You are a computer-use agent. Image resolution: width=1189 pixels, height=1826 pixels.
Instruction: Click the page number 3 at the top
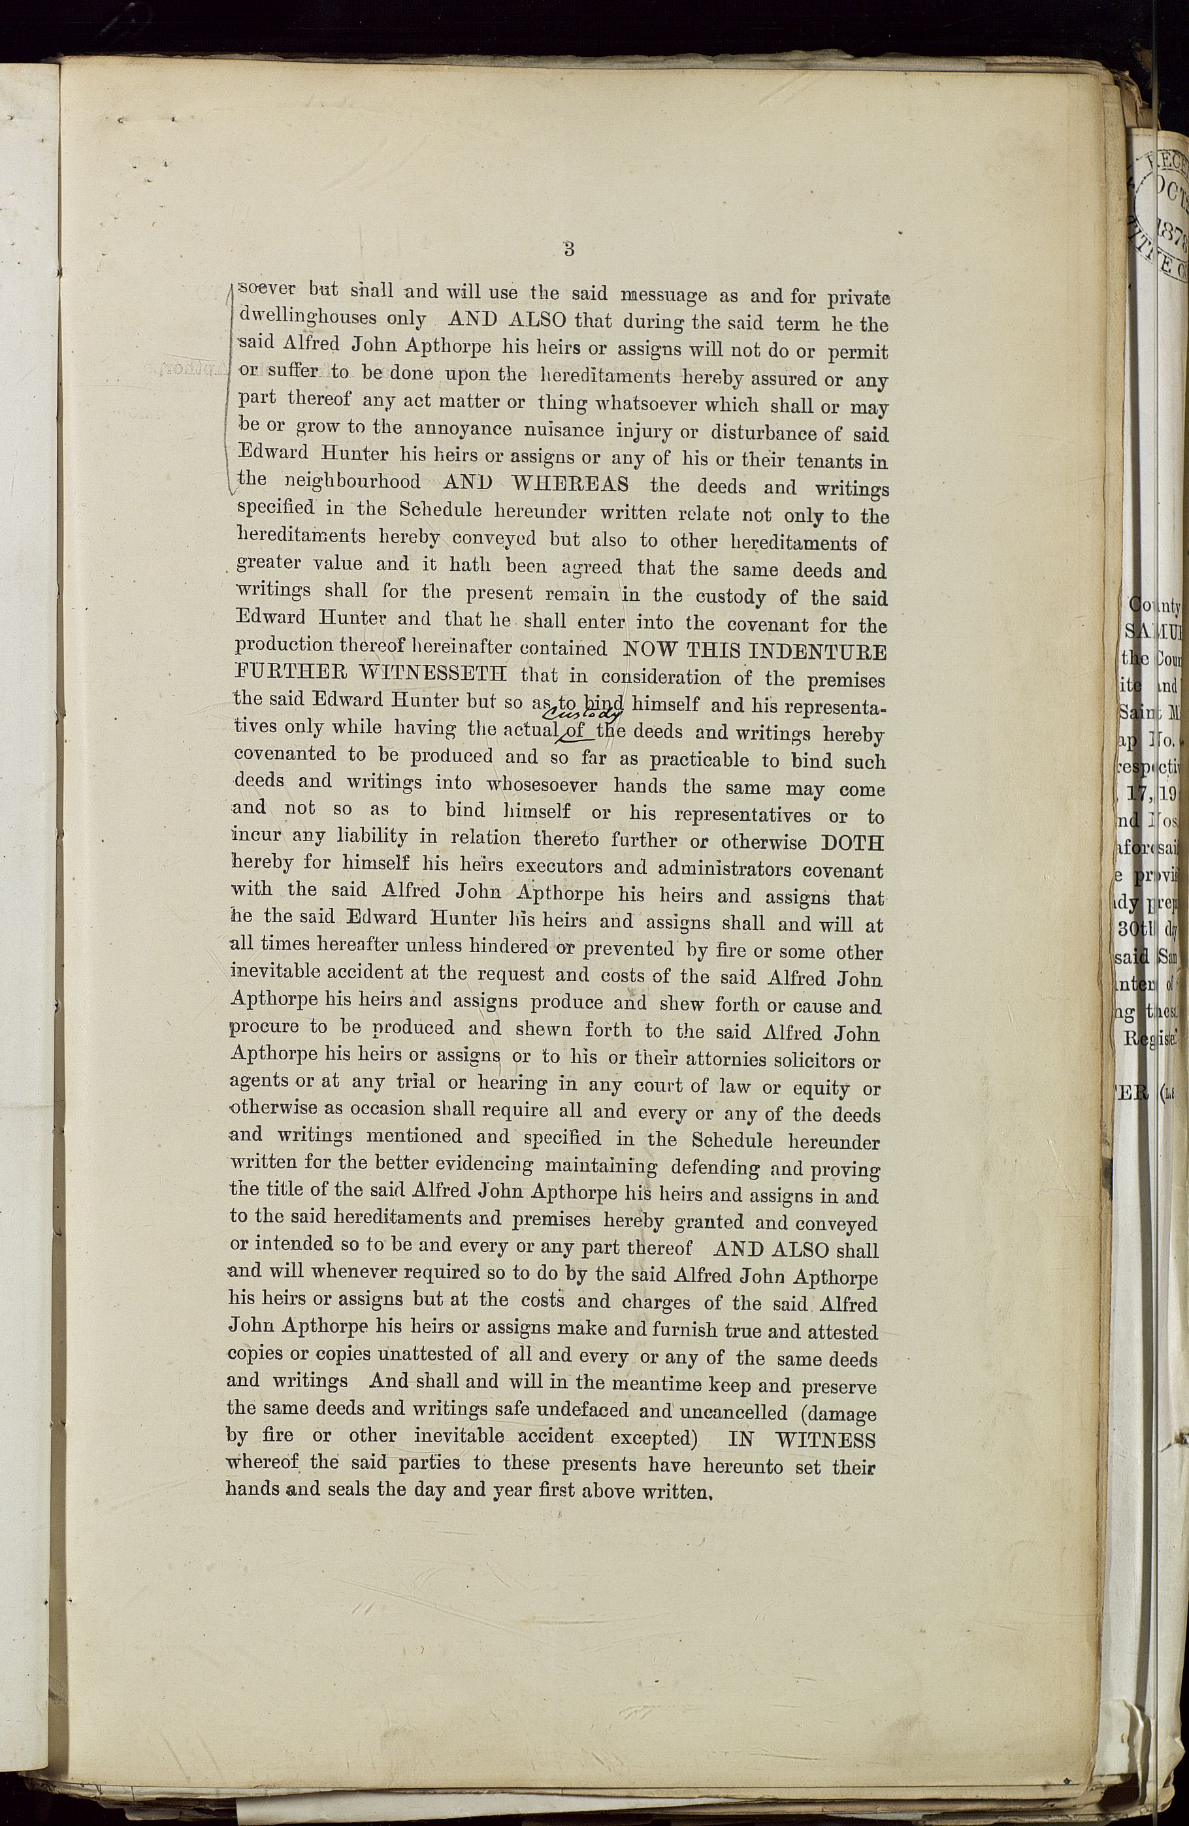(x=569, y=249)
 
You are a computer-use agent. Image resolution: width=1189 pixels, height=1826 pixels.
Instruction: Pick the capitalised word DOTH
(x=852, y=842)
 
